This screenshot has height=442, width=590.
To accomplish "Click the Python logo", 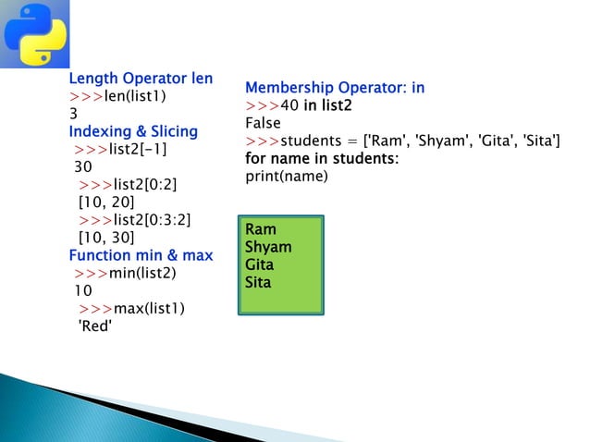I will [x=34, y=34].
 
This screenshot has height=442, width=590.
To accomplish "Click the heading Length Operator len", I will [x=141, y=79].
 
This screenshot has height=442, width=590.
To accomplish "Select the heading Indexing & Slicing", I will [x=133, y=131].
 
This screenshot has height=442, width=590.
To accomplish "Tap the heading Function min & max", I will [x=141, y=255].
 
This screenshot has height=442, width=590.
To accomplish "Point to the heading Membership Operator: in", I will [x=335, y=88].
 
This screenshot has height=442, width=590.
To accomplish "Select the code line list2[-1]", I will [x=121, y=149].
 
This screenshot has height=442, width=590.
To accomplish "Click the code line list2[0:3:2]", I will [x=135, y=219].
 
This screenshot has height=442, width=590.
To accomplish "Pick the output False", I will [x=263, y=123].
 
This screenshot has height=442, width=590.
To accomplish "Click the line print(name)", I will [x=287, y=176].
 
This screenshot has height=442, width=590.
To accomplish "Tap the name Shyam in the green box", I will [x=268, y=247].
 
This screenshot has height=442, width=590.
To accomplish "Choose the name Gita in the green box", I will [x=259, y=264].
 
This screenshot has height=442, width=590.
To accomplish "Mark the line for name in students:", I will [x=322, y=159].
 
